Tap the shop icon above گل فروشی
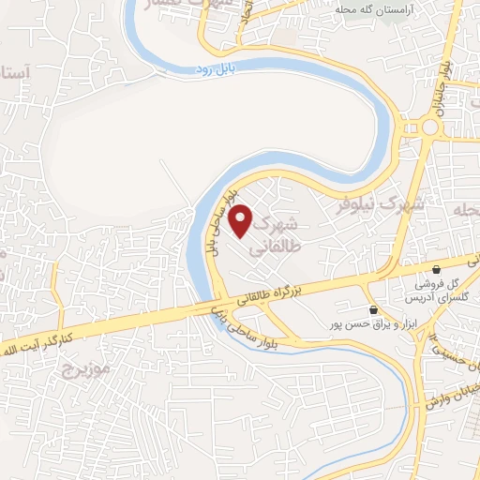(x=436, y=270)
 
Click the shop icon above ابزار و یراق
(x=374, y=309)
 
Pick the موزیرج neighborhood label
(x=86, y=368)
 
